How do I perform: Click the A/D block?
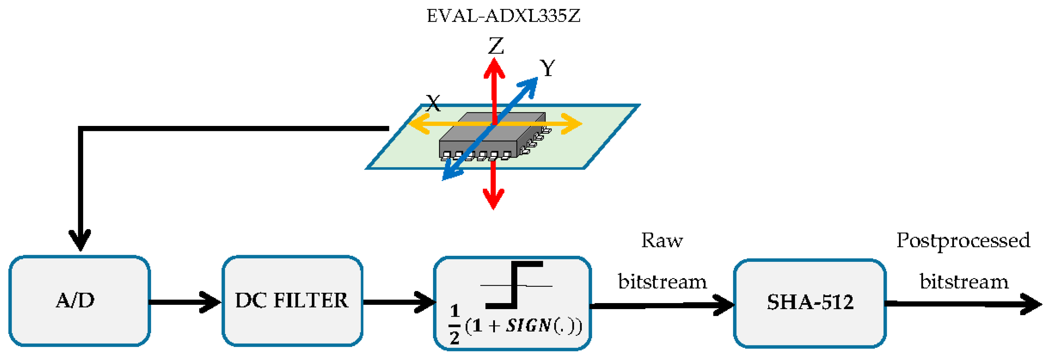coord(80,301)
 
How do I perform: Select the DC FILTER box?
coord(292,301)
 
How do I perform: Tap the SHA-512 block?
coord(810,303)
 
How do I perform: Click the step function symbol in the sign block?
coord(515,285)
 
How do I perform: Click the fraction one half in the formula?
coord(454,325)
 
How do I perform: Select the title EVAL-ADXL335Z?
coord(503,16)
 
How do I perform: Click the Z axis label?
coord(496,46)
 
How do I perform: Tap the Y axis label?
coord(548,68)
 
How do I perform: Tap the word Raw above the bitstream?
coord(662,241)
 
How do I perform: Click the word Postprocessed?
coord(963,241)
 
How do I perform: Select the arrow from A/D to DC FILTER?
coord(186,302)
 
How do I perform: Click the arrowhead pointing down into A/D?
coord(80,240)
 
